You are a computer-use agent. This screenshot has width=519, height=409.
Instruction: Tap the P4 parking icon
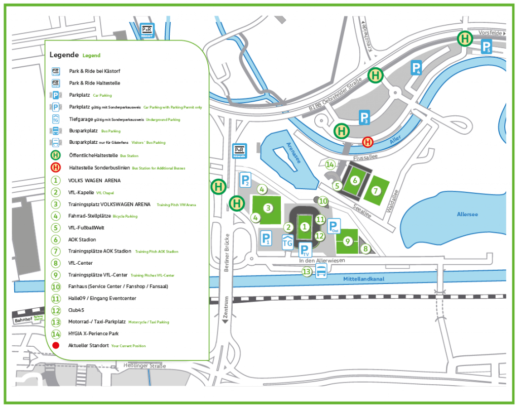416,68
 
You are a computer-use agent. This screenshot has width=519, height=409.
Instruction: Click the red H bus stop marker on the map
368,142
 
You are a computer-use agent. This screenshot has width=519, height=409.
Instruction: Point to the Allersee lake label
467,214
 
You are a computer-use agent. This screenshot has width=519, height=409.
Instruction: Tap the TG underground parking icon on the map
287,242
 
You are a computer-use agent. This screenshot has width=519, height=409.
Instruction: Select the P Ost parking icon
333,226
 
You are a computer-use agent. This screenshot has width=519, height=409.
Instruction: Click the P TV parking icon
304,250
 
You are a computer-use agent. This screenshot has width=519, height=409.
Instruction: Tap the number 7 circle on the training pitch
376,191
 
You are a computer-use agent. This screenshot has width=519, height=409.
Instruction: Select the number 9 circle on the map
348,241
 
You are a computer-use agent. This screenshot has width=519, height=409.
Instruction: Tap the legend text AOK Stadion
82,239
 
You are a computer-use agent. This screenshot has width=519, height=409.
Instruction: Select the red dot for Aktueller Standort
56,345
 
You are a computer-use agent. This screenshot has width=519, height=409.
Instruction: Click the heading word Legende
64,55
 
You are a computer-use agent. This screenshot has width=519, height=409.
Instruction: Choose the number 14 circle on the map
330,165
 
